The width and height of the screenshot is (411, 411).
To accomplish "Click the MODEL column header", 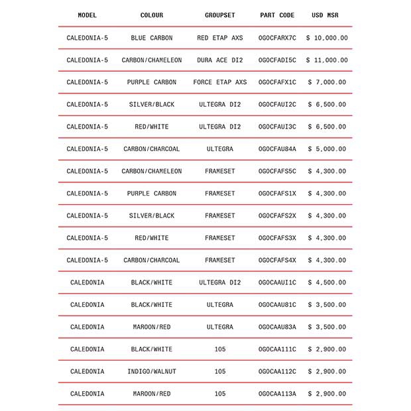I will (x=87, y=15).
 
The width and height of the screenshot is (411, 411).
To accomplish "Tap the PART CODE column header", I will (x=277, y=15).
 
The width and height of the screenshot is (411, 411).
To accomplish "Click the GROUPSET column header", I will (x=219, y=15).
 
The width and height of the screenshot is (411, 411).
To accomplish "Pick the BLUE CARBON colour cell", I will (x=151, y=38).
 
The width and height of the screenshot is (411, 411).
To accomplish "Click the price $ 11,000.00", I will (x=326, y=60).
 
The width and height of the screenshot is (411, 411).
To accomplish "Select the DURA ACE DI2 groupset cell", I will (x=219, y=60).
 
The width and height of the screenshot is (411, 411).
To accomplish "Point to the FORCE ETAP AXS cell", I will (x=219, y=82).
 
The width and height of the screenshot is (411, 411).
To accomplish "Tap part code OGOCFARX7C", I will (x=277, y=38).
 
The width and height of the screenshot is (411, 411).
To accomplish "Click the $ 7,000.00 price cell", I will (x=326, y=82).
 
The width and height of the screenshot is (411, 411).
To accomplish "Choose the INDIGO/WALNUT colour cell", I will (x=151, y=371).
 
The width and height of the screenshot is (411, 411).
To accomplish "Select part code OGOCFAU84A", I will (x=277, y=149).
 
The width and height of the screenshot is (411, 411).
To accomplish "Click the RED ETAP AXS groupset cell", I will (x=219, y=38).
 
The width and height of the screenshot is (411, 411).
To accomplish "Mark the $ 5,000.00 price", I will (x=326, y=149).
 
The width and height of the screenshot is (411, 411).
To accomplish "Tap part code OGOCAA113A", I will (x=277, y=394).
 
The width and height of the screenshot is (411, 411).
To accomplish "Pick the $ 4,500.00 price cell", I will (x=326, y=282).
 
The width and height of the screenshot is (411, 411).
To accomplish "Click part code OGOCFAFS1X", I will (x=277, y=194).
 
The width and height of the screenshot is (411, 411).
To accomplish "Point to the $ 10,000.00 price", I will (x=326, y=38).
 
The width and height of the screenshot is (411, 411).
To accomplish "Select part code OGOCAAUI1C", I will (x=277, y=282).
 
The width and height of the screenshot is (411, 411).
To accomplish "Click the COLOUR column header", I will (x=151, y=15).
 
